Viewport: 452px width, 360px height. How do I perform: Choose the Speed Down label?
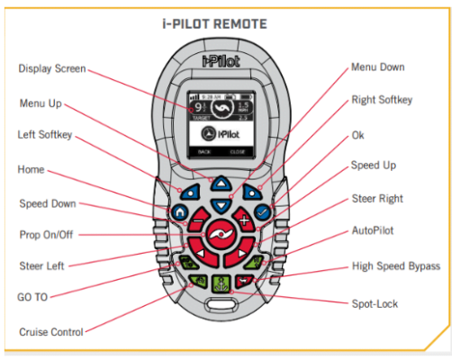pyautogui.click(x=47, y=203)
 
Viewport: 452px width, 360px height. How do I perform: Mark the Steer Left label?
pyautogui.click(x=41, y=265)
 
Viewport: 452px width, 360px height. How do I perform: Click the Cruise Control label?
pyautogui.click(x=50, y=331)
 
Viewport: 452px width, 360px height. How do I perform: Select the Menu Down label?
pyautogui.click(x=376, y=67)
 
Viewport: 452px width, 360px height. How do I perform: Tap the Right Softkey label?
pyautogui.click(x=382, y=100)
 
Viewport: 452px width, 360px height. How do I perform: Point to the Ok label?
pyautogui.click(x=360, y=134)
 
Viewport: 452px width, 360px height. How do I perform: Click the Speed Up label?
pyautogui.click(x=372, y=166)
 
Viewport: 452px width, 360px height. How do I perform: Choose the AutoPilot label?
pyautogui.click(x=373, y=230)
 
